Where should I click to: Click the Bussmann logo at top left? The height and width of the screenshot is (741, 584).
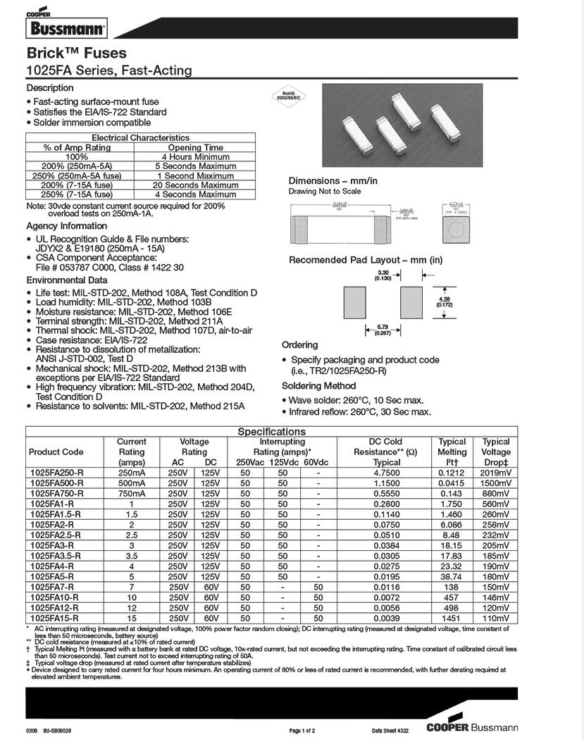(x=66, y=27)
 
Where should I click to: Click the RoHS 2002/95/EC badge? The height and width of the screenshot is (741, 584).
(x=287, y=96)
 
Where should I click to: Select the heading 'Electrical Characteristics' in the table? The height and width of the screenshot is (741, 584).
(x=131, y=138)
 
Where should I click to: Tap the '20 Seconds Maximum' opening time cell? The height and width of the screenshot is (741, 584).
(x=185, y=185)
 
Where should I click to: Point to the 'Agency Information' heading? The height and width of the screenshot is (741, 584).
(x=67, y=226)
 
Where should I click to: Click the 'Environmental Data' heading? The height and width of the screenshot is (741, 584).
(x=67, y=280)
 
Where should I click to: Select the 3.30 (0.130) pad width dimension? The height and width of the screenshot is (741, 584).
(x=383, y=274)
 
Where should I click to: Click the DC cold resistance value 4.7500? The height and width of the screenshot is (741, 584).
(x=387, y=473)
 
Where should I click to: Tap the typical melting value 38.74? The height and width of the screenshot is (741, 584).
(x=452, y=576)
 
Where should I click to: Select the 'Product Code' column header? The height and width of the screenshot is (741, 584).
(x=56, y=452)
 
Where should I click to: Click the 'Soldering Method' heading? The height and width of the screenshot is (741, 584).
(x=318, y=386)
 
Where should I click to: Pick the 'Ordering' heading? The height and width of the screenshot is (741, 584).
(x=300, y=345)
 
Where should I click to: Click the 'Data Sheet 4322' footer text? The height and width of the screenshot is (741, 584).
(x=390, y=730)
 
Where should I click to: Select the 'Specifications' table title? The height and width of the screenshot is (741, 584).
(x=271, y=431)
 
